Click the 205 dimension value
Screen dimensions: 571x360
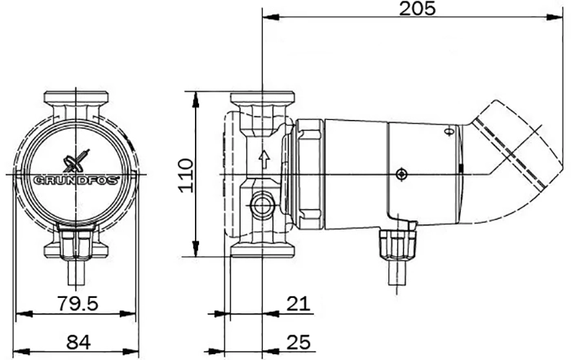[417, 9]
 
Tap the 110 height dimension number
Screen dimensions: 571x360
[186, 176]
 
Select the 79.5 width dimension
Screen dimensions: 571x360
[78, 303]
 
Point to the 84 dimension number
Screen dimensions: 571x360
[78, 343]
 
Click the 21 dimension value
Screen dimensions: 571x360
[299, 304]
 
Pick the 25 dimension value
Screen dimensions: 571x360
[299, 343]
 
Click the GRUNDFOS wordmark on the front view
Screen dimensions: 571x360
[76, 180]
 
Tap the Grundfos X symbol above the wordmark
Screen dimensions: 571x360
[76, 161]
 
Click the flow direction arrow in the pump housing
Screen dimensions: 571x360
[263, 161]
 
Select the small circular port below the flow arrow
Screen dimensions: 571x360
[262, 207]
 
